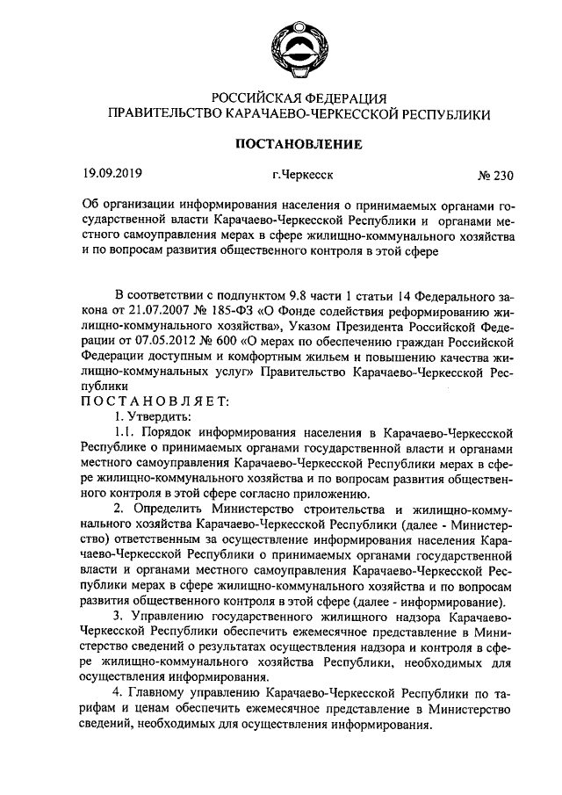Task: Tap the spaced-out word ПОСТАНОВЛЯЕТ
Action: click(x=155, y=401)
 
